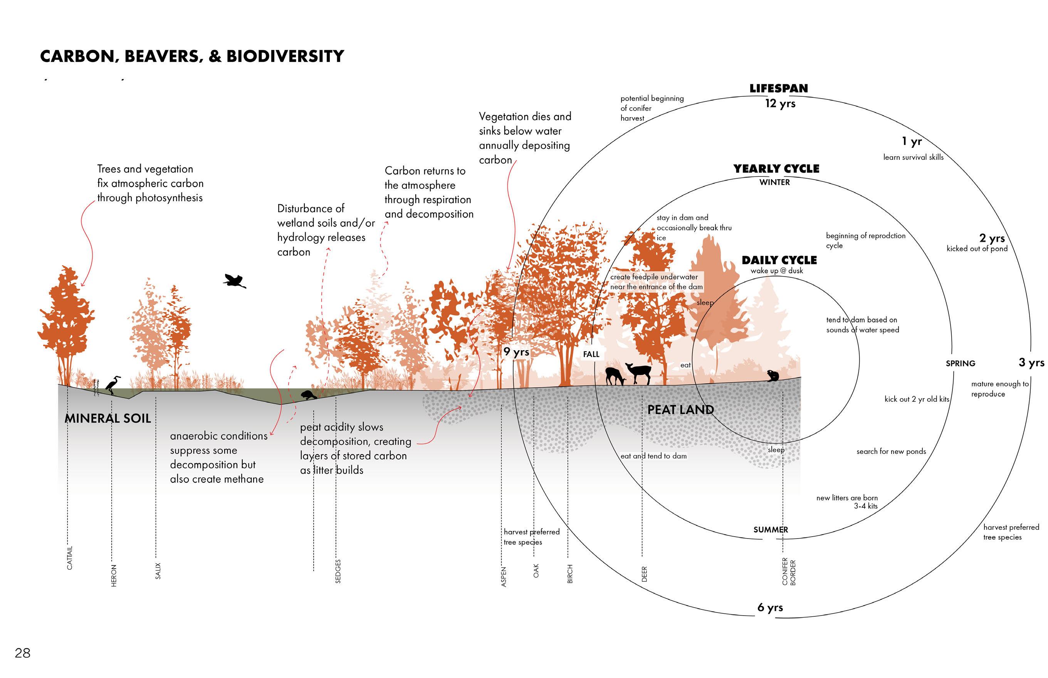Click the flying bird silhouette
pyautogui.click(x=235, y=280)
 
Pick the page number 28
pyautogui.click(x=22, y=653)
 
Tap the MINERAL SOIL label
pyautogui.click(x=108, y=418)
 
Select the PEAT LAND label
pyautogui.click(x=680, y=409)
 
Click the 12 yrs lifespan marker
pyautogui.click(x=780, y=104)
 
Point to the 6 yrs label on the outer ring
pyautogui.click(x=770, y=608)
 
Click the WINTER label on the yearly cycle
pyautogui.click(x=774, y=182)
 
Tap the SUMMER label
pyautogui.click(x=771, y=530)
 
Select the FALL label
pyautogui.click(x=591, y=354)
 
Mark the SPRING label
pyautogui.click(x=961, y=363)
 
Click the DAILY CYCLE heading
pyautogui.click(x=779, y=260)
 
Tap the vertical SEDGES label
pyautogui.click(x=338, y=571)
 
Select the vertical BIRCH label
pyautogui.click(x=570, y=574)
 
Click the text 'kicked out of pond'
pyautogui.click(x=977, y=249)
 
